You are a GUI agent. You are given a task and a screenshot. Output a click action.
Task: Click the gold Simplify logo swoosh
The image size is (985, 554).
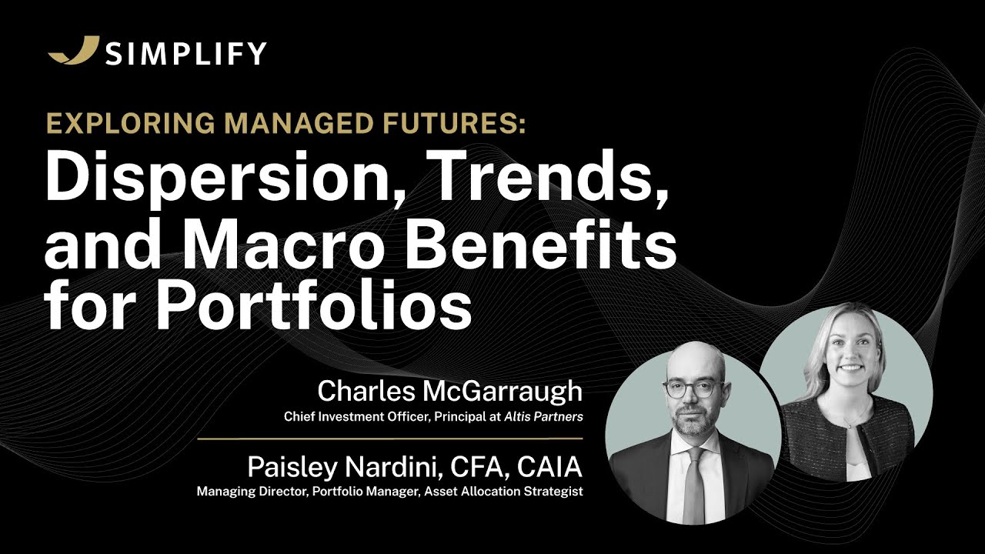pos(74,51)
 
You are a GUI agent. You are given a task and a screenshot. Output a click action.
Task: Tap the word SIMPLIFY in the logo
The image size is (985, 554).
pos(186,53)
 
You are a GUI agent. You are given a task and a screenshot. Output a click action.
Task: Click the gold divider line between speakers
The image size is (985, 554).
pos(389,439)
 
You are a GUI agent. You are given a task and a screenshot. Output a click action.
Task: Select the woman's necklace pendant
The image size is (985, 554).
pos(848,423)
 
